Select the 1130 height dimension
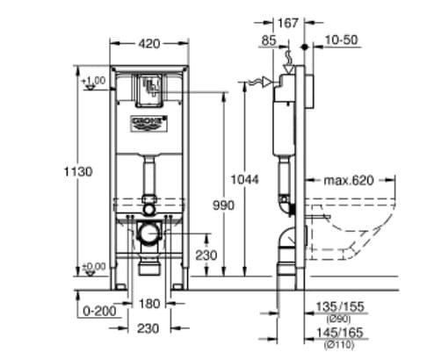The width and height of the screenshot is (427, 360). coord(80,173)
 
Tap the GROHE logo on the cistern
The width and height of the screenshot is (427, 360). coord(148,119)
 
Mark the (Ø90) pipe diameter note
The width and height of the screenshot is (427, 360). coord(336,317)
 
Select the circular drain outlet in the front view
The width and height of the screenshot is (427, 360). coord(149,234)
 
